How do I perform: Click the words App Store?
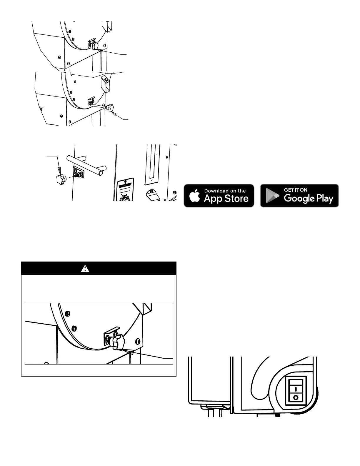tap(226, 199)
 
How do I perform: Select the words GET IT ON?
tap(296, 190)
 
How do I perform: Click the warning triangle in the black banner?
tap(85, 268)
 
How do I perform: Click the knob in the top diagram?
tap(94, 46)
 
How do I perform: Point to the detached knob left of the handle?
tap(60, 178)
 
